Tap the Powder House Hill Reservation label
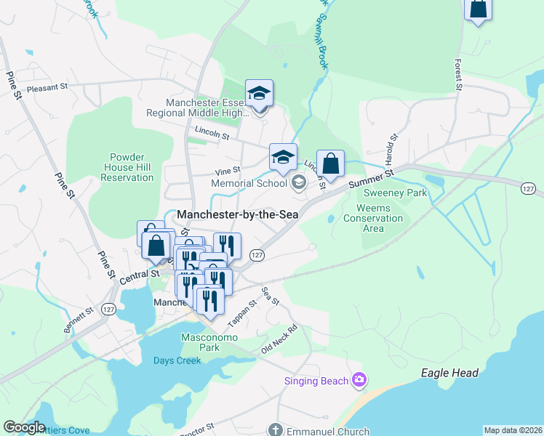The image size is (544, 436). click(127, 167)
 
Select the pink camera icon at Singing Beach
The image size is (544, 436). click(358, 379)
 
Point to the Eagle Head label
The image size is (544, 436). click(449, 373)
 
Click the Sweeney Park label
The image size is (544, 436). click(396, 193)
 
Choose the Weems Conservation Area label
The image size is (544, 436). click(373, 218)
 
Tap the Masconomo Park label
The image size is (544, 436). click(199, 343)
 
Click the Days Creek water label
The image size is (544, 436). click(177, 360)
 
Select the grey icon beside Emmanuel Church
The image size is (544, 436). click(273, 430)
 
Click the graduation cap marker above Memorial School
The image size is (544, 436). click(283, 156)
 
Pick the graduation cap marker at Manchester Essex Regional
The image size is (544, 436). click(259, 93)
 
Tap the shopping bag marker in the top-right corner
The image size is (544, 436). click(478, 9)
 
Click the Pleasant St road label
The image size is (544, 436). click(47, 86)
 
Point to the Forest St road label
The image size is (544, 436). click(458, 75)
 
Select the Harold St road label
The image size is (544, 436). click(393, 148)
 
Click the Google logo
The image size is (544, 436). click(24, 427)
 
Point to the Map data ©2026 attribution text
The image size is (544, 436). click(513, 430)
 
